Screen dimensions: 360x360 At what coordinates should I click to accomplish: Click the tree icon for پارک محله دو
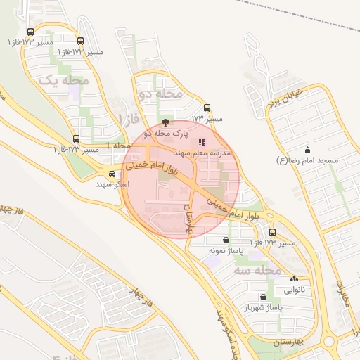coord(165,122)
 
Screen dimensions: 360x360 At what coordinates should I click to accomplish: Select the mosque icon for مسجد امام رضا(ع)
coord(307,150)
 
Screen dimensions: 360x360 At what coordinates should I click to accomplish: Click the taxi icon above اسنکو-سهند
coord(112,174)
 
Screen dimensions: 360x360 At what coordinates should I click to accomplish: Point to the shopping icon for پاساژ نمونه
coord(225,240)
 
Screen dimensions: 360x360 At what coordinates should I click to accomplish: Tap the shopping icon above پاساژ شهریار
coord(263,297)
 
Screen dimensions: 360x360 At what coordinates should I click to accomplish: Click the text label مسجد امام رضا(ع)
coord(309,160)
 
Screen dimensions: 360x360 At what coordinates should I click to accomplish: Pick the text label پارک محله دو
coord(167,133)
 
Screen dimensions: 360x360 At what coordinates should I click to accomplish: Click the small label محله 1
coord(118,145)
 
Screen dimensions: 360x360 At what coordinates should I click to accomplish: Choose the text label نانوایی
coord(294,289)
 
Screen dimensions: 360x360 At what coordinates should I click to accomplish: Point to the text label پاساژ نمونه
coord(225,250)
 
